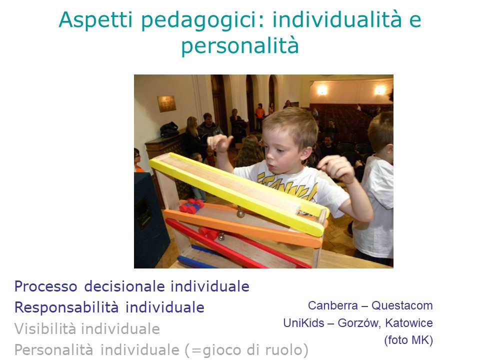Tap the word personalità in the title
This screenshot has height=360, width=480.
click(240, 46)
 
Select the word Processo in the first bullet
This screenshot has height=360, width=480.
click(46, 287)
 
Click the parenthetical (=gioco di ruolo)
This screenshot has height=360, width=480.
click(246, 350)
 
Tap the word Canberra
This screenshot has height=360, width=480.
click(333, 305)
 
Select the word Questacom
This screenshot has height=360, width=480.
click(402, 305)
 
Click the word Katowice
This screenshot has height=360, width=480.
click(408, 323)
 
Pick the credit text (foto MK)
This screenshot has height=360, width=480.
click(408, 340)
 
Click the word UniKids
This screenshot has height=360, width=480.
click(303, 323)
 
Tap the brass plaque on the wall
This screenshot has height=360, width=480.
click(167, 104)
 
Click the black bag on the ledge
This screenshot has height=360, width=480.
click(169, 129)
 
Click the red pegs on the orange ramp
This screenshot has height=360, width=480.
click(191, 205)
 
